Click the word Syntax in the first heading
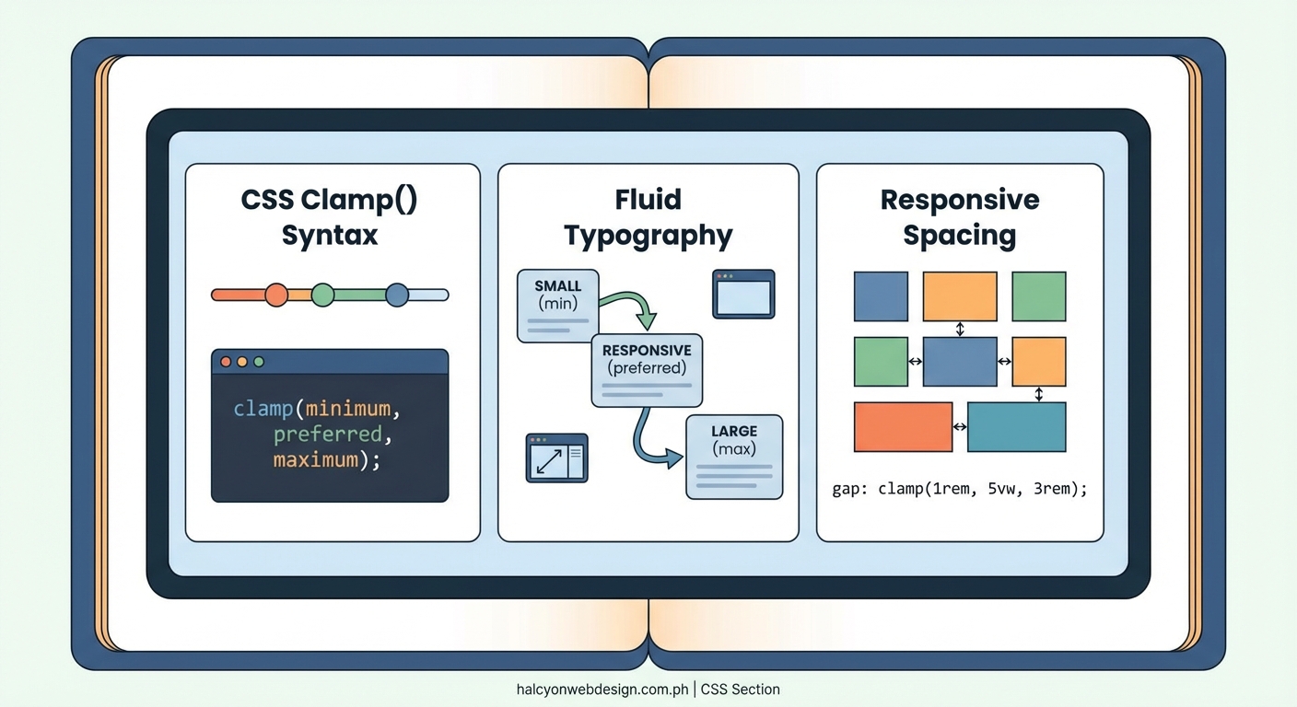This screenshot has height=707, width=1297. [x=330, y=235]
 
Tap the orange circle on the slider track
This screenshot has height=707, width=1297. [x=276, y=295]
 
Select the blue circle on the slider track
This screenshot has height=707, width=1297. [x=397, y=295]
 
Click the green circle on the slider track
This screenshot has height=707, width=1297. [x=322, y=295]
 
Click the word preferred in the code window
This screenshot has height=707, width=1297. [x=327, y=434]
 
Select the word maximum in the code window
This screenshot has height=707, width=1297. [x=316, y=458]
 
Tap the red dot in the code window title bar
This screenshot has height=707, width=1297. [x=226, y=362]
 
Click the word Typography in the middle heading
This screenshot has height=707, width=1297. [x=648, y=236]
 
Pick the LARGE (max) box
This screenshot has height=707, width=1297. [x=734, y=457]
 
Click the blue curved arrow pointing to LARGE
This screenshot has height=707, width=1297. [x=649, y=442]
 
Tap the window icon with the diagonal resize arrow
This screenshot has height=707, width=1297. [x=556, y=458]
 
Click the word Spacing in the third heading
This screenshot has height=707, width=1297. [x=959, y=236]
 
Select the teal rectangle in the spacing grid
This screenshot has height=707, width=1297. [x=1016, y=427]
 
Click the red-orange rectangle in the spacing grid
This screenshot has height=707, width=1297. [x=903, y=427]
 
